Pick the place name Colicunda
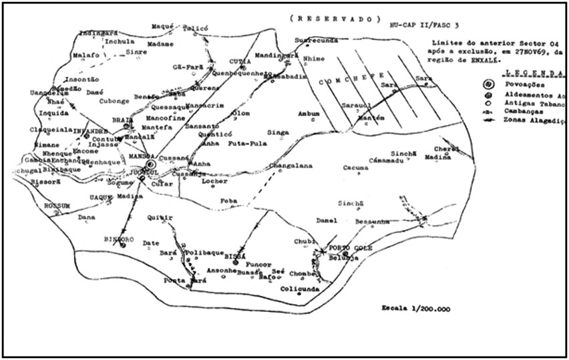(298, 289)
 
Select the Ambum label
(309, 113)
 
